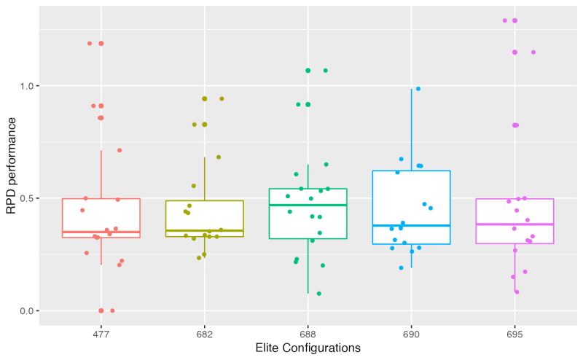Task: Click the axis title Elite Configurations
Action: click(x=308, y=348)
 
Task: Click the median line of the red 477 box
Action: click(x=101, y=232)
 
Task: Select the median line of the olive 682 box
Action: click(x=204, y=230)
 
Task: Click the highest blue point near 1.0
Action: click(x=418, y=89)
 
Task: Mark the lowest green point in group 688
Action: click(x=318, y=294)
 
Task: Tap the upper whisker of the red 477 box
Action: click(x=101, y=175)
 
